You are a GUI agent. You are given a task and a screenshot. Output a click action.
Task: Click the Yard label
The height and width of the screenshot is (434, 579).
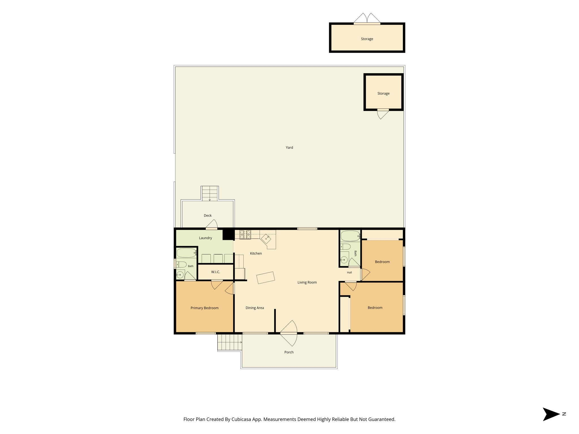click(289, 147)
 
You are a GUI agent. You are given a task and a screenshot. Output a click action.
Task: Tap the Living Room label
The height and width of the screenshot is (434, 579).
click(307, 282)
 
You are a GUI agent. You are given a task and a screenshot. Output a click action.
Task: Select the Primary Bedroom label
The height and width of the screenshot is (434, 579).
click(204, 308)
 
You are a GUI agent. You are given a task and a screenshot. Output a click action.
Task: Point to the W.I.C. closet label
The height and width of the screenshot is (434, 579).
click(215, 272)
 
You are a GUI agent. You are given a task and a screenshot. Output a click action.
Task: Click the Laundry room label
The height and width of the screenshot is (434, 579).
click(205, 238)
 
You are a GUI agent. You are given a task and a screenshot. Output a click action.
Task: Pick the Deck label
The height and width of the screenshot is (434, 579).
click(208, 215)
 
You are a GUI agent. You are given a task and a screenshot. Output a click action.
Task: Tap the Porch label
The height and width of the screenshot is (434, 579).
click(289, 352)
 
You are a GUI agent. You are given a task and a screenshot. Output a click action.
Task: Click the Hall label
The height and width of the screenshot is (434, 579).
click(349, 272)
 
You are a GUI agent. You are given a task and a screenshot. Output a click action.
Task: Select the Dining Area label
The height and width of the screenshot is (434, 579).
click(255, 308)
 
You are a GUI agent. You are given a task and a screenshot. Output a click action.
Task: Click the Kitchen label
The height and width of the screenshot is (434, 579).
click(256, 253)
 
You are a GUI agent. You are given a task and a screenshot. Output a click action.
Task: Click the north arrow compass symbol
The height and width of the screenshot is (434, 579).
click(551, 414)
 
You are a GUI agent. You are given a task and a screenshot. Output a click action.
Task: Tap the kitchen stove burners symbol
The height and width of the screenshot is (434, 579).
click(245, 235)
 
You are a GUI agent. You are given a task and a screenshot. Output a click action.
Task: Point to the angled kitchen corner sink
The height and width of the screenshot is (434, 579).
click(266, 239)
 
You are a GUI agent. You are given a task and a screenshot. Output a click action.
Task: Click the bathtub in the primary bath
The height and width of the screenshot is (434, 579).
click(187, 253)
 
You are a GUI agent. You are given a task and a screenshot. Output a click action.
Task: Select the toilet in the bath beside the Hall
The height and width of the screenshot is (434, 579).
click(345, 246)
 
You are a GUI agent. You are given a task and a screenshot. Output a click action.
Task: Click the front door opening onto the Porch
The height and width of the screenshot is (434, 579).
click(289, 333)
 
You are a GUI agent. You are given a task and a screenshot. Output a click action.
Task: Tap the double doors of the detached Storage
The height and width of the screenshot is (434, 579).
click(367, 18)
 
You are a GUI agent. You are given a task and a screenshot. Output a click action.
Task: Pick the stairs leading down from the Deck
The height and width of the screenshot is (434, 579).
click(210, 194)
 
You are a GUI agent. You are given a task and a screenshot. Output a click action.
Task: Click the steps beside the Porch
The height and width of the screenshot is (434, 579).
click(230, 342)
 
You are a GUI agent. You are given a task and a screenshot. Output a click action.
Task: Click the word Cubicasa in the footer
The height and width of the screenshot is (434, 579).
click(242, 419)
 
